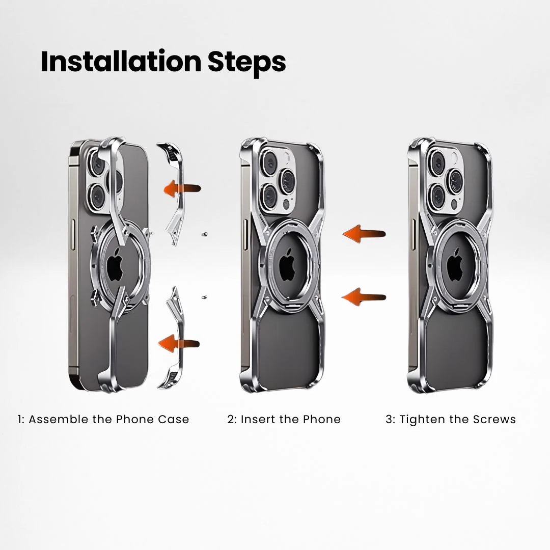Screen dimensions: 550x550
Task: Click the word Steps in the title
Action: [246, 64]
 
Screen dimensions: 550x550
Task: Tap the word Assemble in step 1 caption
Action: [59, 419]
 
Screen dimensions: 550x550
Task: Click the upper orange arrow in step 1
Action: [182, 189]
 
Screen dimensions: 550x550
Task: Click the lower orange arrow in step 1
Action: [179, 344]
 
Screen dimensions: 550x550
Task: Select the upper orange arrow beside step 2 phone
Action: [364, 234]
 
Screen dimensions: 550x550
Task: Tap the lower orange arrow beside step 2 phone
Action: [364, 297]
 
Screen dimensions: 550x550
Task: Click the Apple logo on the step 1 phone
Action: [116, 268]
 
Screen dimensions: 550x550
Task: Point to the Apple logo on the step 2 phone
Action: [287, 265]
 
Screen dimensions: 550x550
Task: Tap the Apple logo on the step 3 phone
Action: [456, 265]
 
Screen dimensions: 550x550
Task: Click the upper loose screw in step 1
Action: [204, 234]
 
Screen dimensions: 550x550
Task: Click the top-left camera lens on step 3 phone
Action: [438, 161]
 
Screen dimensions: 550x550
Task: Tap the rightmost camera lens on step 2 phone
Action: [287, 181]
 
